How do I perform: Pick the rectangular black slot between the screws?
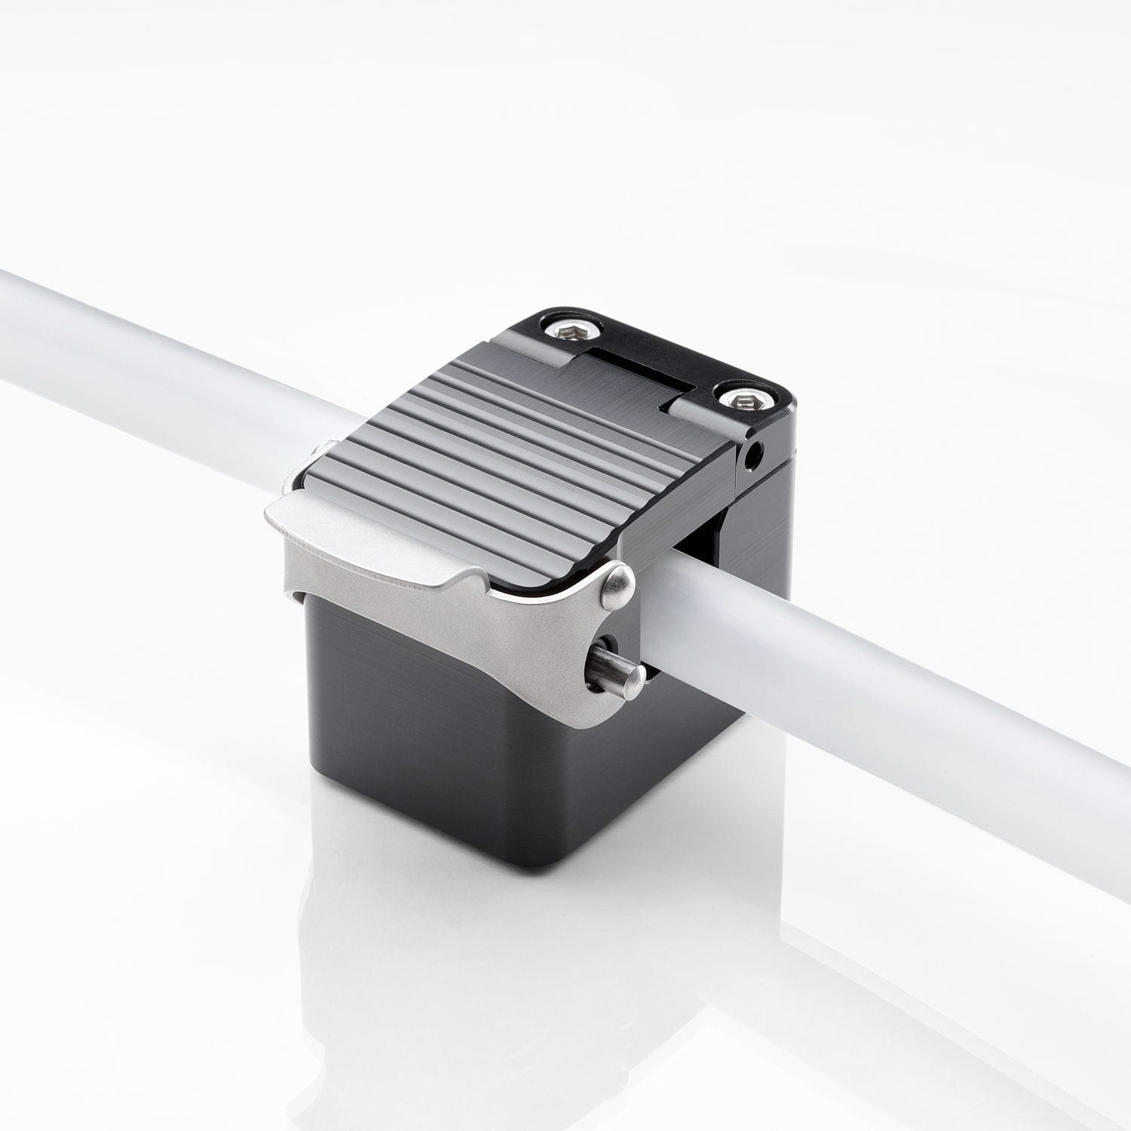641,369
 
